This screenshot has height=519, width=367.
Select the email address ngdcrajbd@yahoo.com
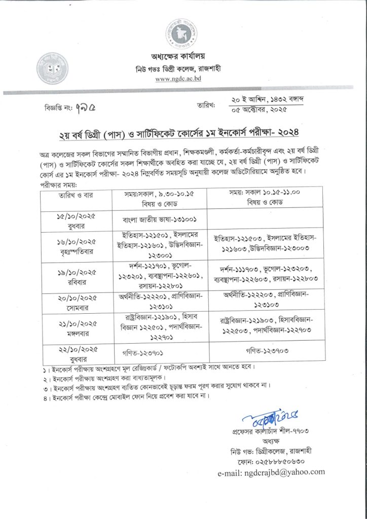click(271, 471)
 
